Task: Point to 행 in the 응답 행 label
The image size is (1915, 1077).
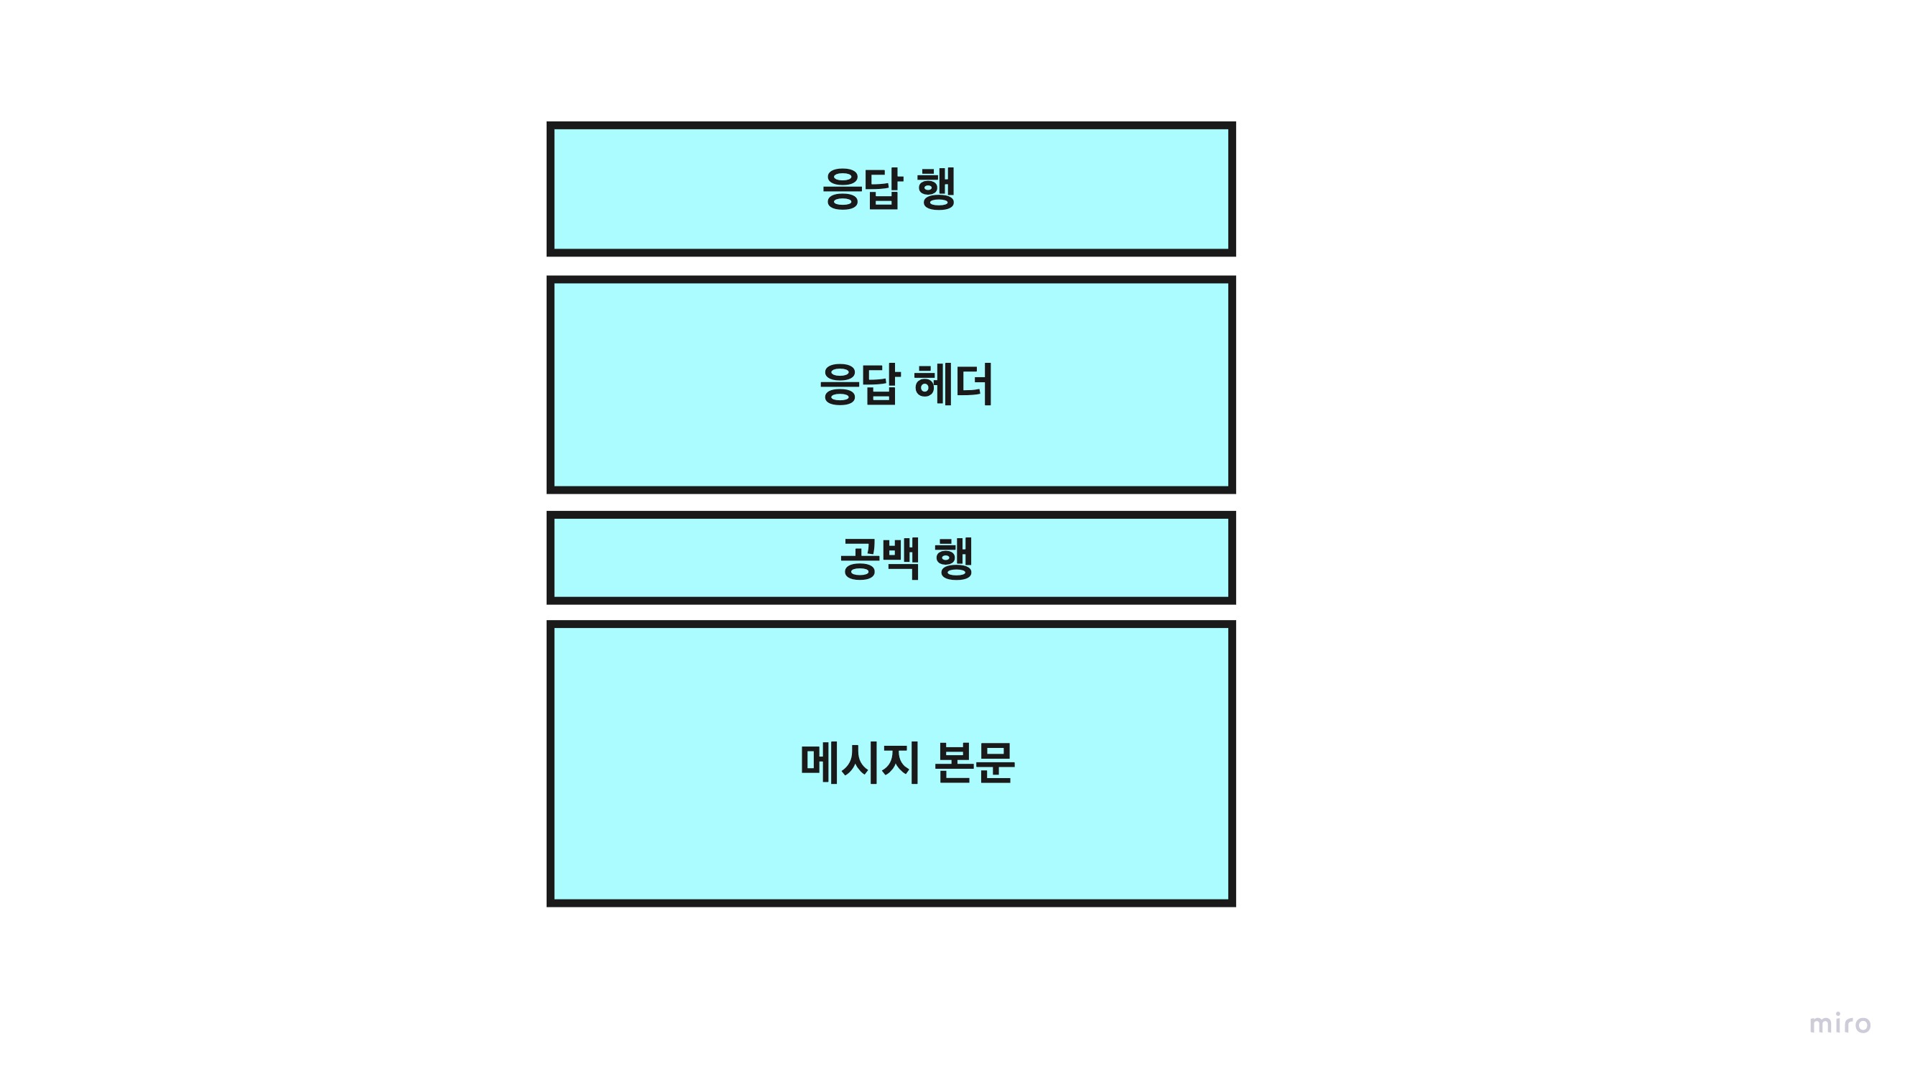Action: pos(937,189)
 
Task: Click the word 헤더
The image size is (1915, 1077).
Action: pos(954,384)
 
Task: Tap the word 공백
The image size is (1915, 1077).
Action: pos(880,558)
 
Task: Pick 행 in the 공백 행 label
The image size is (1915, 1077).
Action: pos(955,558)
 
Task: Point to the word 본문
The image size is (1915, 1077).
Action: pos(974,763)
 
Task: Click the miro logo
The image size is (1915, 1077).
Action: pos(1840,1024)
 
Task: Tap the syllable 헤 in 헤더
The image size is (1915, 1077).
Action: pos(934,384)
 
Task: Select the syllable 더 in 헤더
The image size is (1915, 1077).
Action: pos(975,384)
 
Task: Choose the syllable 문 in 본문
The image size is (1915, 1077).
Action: pos(995,763)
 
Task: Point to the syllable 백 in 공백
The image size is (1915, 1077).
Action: pos(901,558)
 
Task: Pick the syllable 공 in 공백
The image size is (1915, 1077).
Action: pos(859,558)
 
